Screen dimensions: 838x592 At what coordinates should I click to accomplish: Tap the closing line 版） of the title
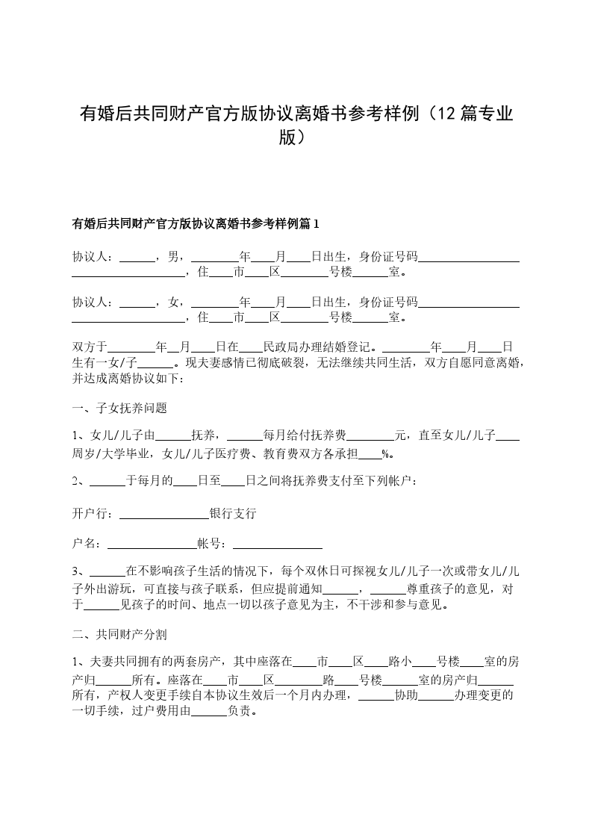click(296, 138)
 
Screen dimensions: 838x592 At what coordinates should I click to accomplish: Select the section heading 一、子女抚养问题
click(119, 408)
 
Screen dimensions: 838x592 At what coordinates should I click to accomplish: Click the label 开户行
click(91, 514)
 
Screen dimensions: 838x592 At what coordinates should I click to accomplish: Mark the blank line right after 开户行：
click(164, 515)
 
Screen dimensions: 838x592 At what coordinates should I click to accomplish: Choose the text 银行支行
click(233, 514)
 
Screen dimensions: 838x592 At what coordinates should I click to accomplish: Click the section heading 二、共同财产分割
click(119, 635)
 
